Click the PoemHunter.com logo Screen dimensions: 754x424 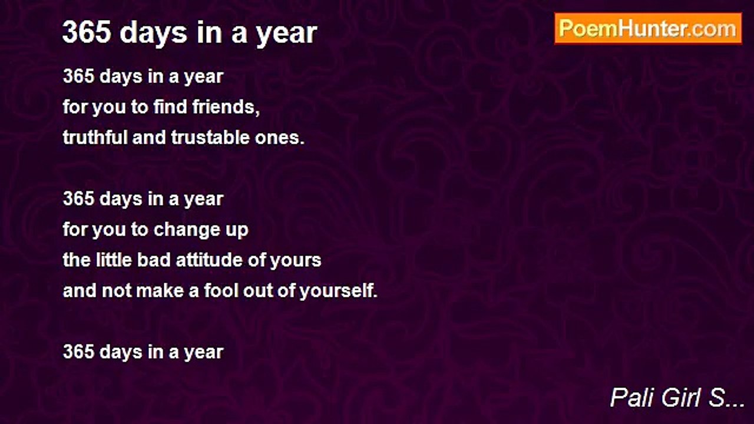[648, 29]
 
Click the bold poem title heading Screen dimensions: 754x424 [190, 33]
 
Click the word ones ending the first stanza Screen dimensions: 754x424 [279, 138]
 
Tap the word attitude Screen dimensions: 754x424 [209, 260]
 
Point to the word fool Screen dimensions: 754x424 [221, 290]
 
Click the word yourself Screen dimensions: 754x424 [338, 291]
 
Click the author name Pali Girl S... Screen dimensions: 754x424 [677, 397]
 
